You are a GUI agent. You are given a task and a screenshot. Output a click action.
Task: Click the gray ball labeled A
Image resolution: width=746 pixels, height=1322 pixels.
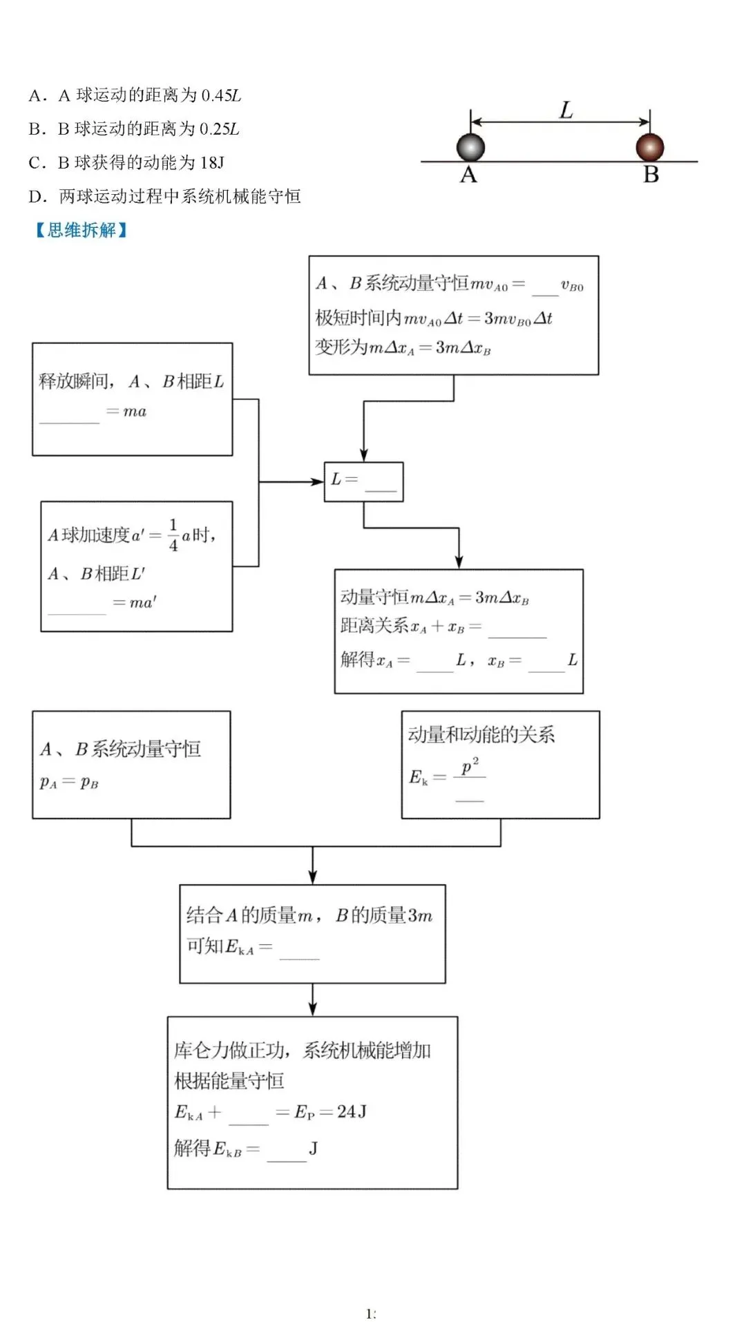point(470,147)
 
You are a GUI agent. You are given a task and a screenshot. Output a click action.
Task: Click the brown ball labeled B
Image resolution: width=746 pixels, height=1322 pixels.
point(649,147)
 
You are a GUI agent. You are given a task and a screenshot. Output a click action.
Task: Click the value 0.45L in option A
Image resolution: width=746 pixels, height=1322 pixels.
point(220,95)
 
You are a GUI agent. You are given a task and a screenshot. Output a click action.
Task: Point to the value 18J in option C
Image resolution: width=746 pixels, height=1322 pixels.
point(211,163)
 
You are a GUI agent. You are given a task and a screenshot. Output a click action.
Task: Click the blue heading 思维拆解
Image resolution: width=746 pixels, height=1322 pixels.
point(82,230)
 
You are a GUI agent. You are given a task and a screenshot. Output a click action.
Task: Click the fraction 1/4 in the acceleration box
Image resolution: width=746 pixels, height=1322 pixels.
point(173,535)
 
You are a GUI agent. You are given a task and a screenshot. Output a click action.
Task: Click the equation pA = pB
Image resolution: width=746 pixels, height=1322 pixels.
point(69,783)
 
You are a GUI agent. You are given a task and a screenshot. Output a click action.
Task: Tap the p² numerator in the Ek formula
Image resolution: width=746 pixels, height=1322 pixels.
point(470,766)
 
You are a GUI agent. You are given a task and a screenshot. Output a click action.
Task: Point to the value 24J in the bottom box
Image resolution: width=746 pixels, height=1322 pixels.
point(352,1111)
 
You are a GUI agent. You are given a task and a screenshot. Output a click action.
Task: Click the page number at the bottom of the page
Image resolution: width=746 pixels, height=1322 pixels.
point(371,1313)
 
